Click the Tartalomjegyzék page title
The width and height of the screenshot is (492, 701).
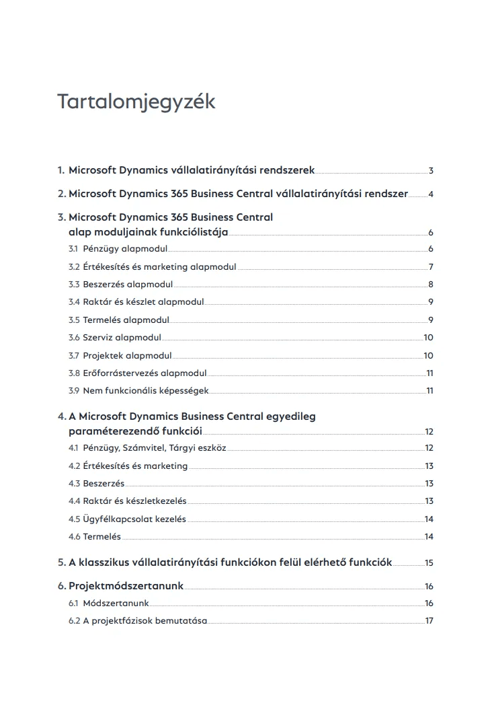[x=136, y=102]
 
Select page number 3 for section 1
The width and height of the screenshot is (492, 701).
[x=431, y=171]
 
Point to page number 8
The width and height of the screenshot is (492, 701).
[x=431, y=285]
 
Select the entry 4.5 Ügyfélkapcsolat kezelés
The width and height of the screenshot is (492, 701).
[x=127, y=519]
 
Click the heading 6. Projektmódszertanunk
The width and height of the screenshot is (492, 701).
[x=120, y=586]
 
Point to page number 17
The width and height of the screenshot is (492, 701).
[x=429, y=620]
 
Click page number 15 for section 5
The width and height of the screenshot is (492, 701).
[x=429, y=562]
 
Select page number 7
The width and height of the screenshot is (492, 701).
[x=431, y=267]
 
